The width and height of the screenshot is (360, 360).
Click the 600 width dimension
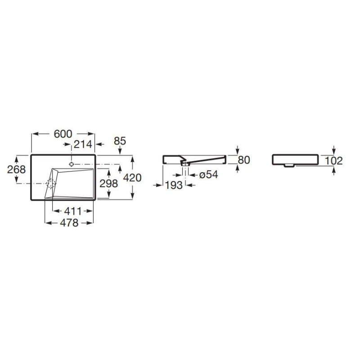63,134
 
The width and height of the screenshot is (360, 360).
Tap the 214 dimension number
83,144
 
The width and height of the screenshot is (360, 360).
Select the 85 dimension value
120,141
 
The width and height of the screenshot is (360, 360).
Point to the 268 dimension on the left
16,170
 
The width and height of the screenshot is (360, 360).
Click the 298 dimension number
108,184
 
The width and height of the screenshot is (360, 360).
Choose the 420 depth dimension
132,178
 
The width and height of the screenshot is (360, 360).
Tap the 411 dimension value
73,211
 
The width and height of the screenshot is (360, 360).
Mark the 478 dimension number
69,223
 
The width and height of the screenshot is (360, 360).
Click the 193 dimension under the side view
174,185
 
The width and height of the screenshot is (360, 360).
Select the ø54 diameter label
208,175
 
